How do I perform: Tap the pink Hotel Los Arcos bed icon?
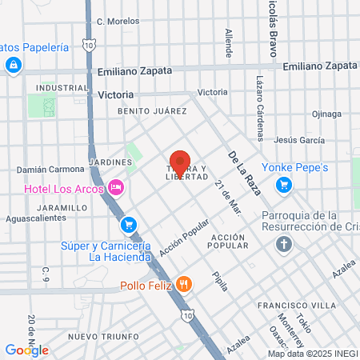pos(117,186)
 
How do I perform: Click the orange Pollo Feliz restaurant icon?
pos(185,284)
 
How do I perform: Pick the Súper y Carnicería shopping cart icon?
pos(129,225)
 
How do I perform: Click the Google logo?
pos(26,350)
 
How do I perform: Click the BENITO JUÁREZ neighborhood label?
pos(151,111)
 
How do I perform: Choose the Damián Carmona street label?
pos(51,170)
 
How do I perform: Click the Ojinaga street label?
pos(327,113)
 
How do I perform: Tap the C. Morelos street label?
pos(118,21)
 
